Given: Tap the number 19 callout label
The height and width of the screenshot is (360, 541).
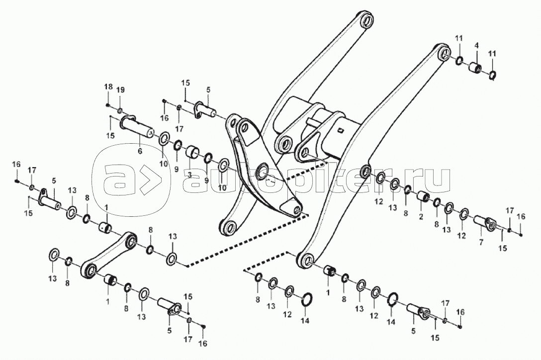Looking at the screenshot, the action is (x=120, y=90).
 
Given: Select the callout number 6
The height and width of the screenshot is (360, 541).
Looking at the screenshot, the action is (x=140, y=151).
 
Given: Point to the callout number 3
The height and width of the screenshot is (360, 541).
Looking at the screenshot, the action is (x=189, y=175).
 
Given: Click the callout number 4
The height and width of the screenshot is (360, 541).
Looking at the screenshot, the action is (x=476, y=45).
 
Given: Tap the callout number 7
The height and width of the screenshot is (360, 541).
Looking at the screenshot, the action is (x=481, y=242).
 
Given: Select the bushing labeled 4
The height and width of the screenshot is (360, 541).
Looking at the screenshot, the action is (x=475, y=68).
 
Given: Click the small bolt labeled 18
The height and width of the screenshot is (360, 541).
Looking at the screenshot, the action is (x=108, y=104).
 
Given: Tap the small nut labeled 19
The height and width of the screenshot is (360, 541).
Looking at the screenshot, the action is (x=119, y=110).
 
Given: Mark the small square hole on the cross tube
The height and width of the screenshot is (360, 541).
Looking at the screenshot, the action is (x=341, y=130).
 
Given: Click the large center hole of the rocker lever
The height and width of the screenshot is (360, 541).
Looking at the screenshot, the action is (x=263, y=171).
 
